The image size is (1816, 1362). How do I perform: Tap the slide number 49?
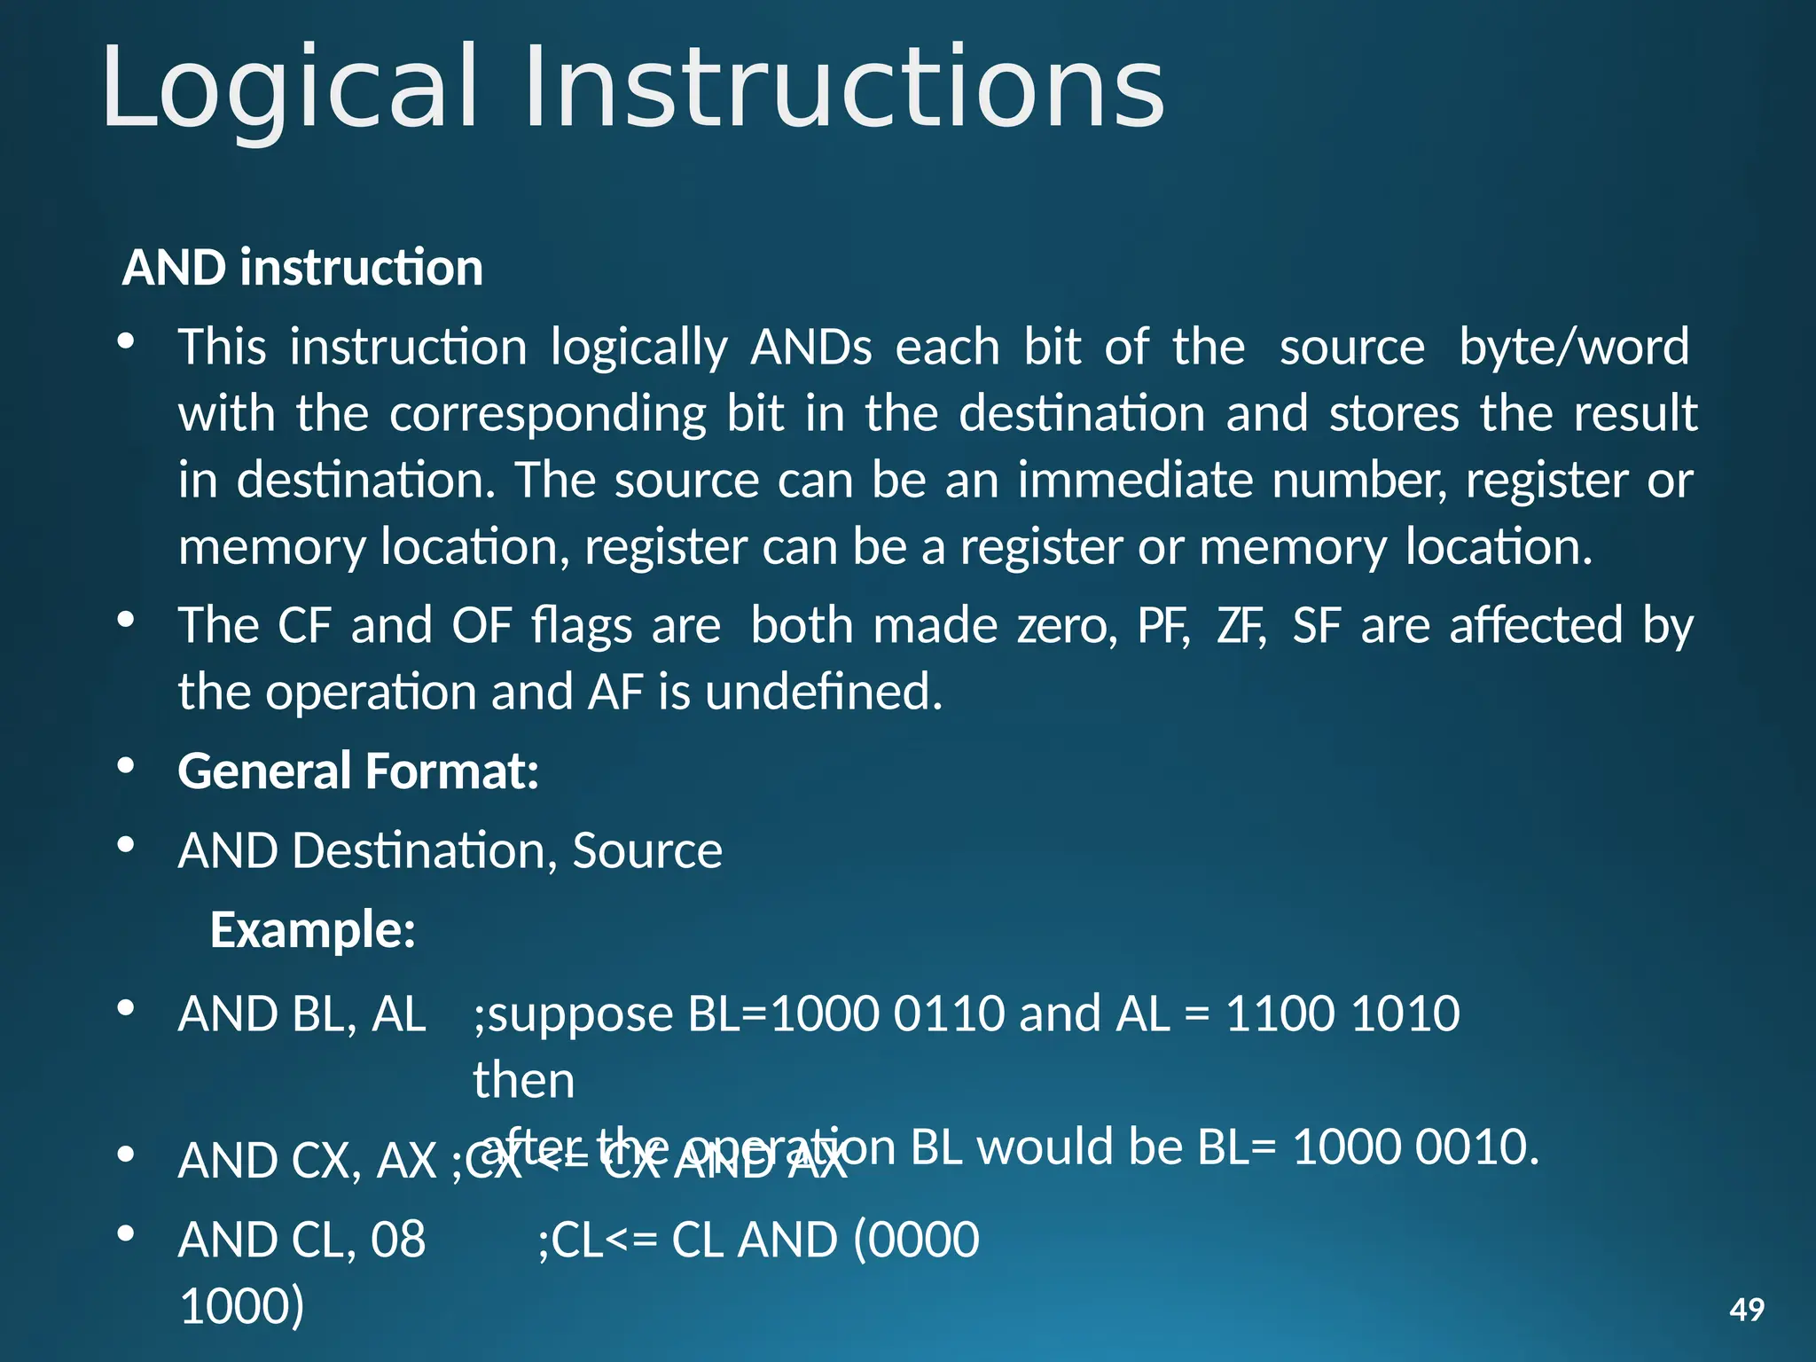pos(1747,1310)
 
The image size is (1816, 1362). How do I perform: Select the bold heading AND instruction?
pos(302,268)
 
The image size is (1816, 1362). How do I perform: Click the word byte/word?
pos(1574,347)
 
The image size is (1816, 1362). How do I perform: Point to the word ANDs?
pos(811,347)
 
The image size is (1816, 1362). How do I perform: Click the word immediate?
pos(1134,481)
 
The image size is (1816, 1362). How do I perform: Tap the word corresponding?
pos(547,414)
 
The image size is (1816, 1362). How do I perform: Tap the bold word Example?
pos(313,930)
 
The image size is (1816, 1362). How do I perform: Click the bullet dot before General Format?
pos(126,766)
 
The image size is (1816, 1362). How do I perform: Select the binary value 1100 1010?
pos(1342,1014)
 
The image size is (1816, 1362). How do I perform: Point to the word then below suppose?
pos(524,1081)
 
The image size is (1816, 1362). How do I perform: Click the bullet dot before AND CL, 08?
pos(126,1233)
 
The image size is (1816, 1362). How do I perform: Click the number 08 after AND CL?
pos(398,1240)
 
